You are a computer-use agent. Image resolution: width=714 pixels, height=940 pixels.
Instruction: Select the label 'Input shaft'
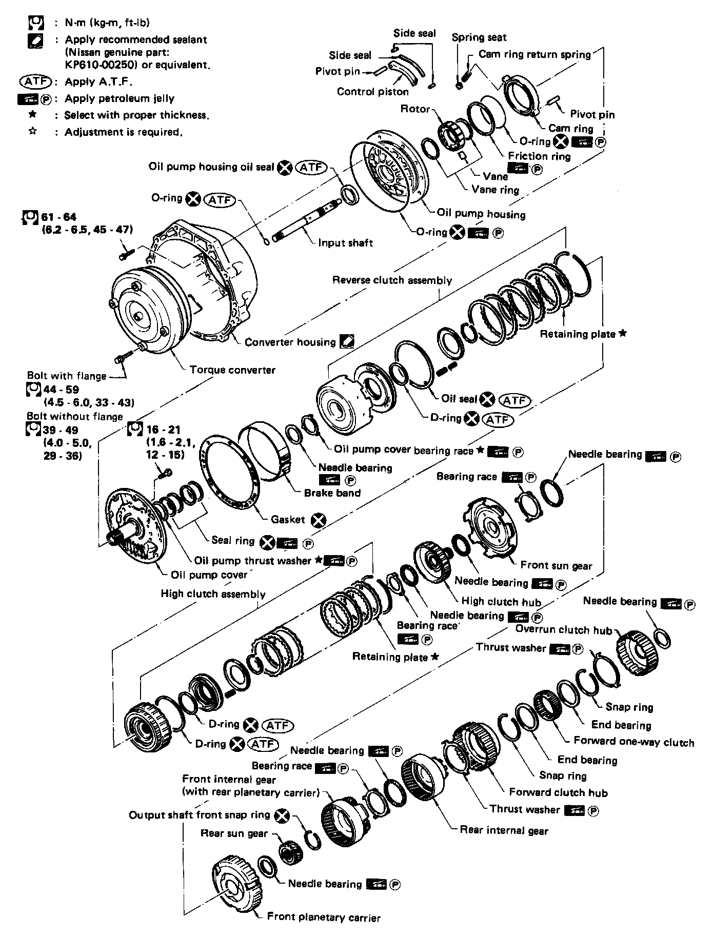coord(345,243)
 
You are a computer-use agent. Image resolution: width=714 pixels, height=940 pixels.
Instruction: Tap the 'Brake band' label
coord(332,493)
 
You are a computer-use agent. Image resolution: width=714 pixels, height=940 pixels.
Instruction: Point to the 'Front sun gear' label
coord(556,566)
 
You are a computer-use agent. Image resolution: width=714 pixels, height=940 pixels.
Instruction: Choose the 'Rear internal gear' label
coord(504,830)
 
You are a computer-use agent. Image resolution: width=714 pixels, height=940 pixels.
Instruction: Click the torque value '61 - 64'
coord(59,217)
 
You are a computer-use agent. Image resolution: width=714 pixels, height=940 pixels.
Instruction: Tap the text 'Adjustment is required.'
coord(123,132)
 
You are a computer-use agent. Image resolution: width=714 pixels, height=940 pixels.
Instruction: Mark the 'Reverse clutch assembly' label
coord(392,280)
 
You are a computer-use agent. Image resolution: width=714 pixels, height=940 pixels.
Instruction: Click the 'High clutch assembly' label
coord(213,594)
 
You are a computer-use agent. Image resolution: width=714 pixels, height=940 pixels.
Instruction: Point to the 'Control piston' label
coord(373,92)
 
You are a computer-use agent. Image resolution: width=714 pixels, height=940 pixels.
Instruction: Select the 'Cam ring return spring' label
coord(534,54)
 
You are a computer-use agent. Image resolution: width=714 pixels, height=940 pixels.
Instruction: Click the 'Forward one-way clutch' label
coord(633,742)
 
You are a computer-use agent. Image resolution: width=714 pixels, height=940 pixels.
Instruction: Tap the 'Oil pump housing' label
coord(481,214)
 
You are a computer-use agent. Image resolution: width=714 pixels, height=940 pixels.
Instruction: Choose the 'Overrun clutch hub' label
coord(564,630)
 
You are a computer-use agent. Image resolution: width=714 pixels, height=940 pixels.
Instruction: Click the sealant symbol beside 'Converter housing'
coord(347,342)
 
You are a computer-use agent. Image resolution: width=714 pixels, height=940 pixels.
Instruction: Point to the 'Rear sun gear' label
coord(234,833)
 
